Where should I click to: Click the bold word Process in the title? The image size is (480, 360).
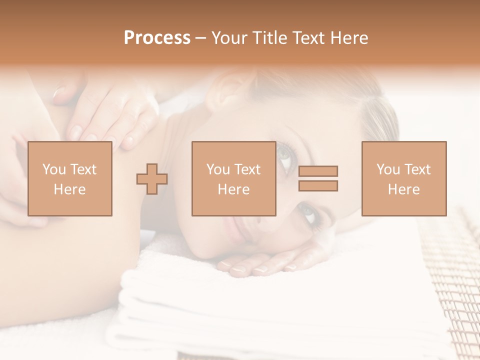pos(157,38)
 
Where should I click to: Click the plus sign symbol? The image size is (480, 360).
pos(152,178)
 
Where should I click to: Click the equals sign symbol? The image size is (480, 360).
pos(318,178)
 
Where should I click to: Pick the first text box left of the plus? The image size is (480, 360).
pos(70,178)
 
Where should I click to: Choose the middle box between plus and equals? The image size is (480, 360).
pos(233,178)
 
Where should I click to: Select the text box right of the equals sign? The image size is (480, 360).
pos(404,178)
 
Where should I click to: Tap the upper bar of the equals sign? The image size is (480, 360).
pos(318,171)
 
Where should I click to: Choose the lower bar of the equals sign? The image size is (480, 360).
pos(318,186)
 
